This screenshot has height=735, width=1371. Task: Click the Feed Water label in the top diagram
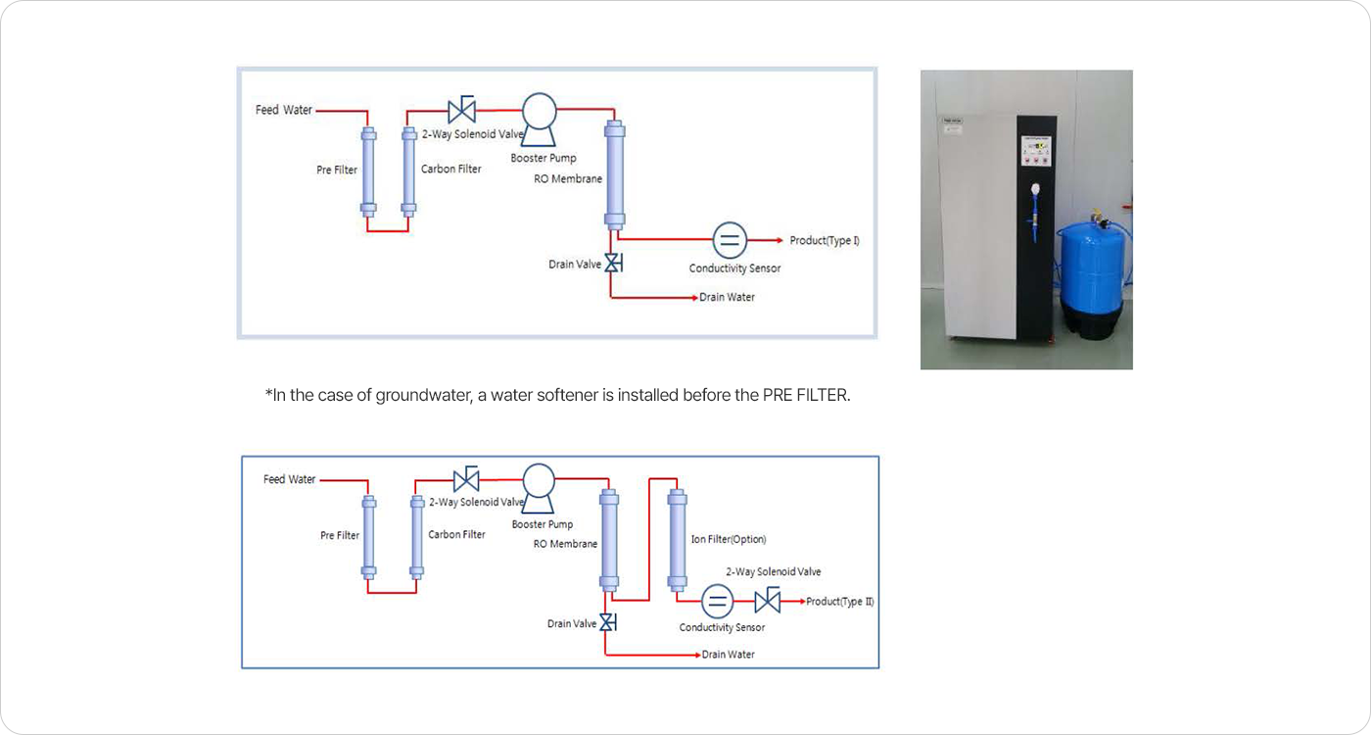[x=283, y=110]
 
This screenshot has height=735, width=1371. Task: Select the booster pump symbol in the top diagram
[x=540, y=120]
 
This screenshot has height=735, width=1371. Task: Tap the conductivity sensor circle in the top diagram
[x=730, y=239]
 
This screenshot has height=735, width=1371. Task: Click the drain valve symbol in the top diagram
[x=613, y=263]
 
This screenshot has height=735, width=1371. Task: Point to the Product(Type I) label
[x=825, y=240]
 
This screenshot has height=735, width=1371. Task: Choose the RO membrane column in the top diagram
[x=615, y=174]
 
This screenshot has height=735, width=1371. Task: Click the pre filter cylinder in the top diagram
[x=368, y=172]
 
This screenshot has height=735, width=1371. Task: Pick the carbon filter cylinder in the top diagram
[x=409, y=172]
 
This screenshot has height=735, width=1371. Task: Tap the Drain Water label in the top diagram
[x=727, y=297]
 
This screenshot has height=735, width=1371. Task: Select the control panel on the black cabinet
[x=1036, y=151]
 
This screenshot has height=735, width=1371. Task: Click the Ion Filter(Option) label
[x=729, y=539]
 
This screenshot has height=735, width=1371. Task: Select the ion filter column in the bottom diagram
[x=677, y=540]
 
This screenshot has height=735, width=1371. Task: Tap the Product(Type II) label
[x=840, y=602]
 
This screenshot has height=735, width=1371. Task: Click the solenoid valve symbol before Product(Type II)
[x=768, y=600]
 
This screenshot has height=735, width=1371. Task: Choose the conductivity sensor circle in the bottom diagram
[x=717, y=601]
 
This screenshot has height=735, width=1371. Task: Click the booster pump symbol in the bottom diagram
[x=539, y=489]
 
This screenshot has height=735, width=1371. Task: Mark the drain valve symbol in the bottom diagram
[x=607, y=622]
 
